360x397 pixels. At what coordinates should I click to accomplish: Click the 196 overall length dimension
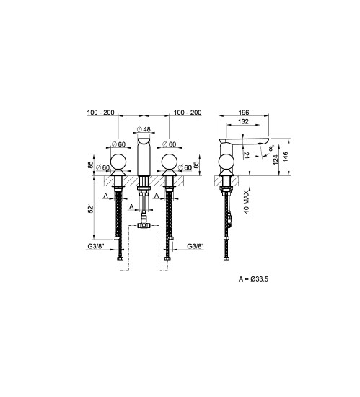click(x=244, y=112)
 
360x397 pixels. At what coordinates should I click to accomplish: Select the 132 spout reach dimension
click(x=243, y=121)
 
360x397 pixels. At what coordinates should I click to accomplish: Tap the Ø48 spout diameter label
click(x=144, y=129)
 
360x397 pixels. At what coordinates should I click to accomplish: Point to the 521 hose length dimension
click(x=91, y=208)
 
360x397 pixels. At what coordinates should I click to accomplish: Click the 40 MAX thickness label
click(x=247, y=202)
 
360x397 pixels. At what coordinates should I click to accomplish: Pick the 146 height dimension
click(x=286, y=157)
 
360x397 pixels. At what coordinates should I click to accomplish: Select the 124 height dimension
click(x=276, y=160)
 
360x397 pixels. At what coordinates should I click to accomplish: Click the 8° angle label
click(x=271, y=149)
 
